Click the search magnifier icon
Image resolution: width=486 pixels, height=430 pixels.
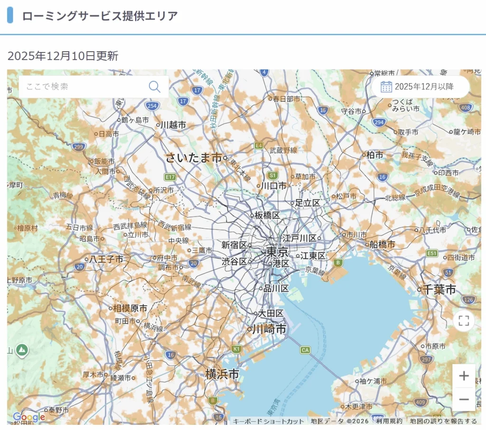point(155,86)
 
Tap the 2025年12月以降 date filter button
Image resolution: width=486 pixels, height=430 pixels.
point(420,86)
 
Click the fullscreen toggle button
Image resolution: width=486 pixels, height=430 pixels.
point(464,320)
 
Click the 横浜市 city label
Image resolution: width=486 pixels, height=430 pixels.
point(222,374)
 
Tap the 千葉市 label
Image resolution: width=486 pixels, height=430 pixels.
point(439,289)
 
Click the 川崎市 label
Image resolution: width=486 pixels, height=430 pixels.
point(269,329)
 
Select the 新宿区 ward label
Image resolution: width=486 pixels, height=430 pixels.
point(234,245)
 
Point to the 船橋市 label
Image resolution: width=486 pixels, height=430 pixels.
point(382,245)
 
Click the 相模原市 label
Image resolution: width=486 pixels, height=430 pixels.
point(130,308)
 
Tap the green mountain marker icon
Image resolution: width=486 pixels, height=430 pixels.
point(22,350)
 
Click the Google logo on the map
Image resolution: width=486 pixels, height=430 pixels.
point(29,417)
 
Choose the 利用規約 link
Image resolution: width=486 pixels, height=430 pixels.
point(389,421)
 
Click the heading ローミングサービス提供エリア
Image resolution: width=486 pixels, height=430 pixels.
point(100,16)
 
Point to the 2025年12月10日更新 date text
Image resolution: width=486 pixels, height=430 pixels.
point(63,56)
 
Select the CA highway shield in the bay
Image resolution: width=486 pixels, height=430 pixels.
point(305,350)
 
